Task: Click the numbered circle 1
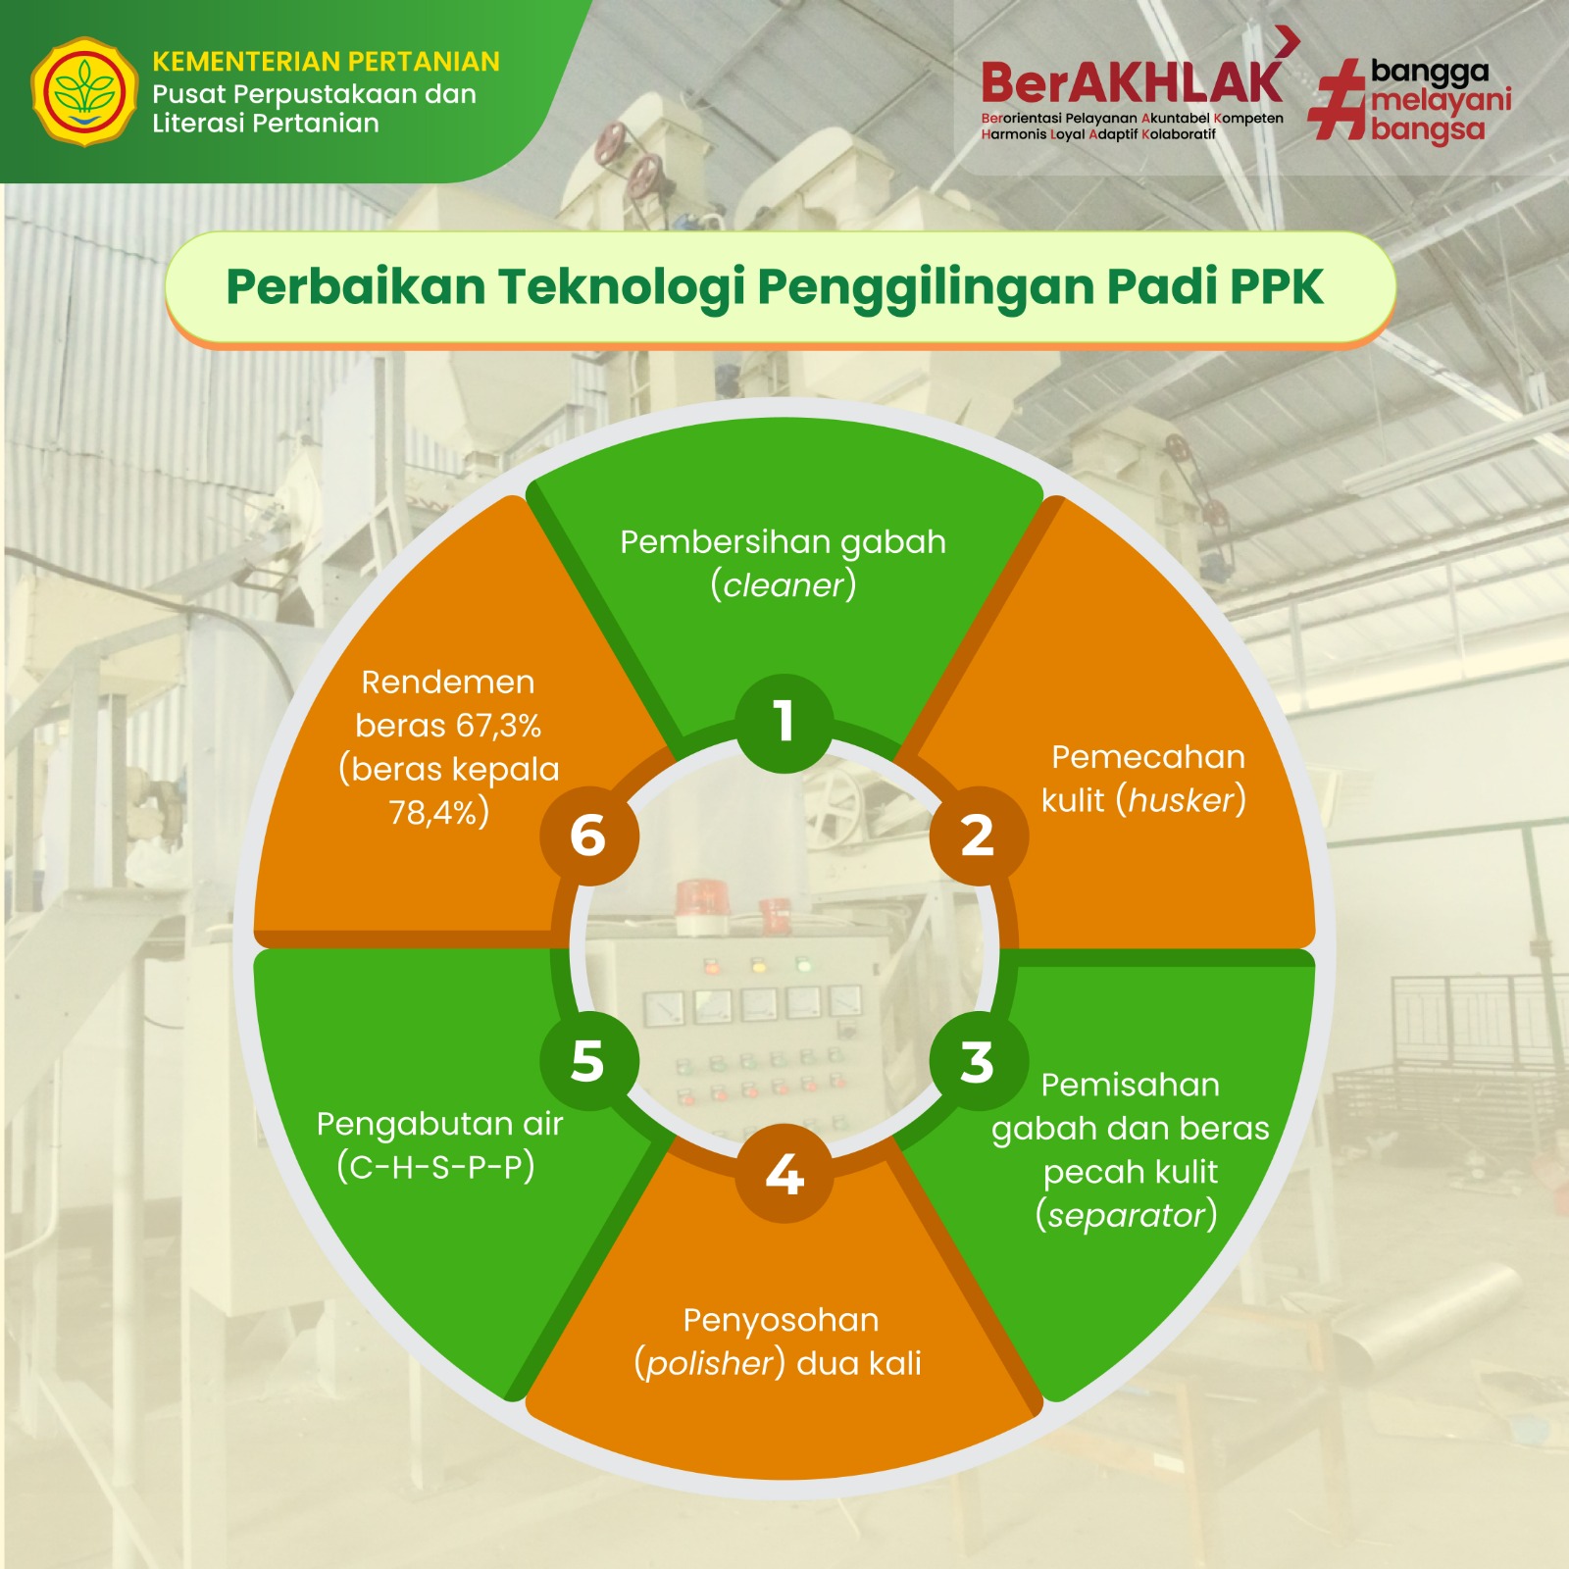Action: point(784,723)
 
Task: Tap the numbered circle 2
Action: point(978,836)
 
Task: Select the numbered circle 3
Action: point(978,1062)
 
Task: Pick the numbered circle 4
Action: point(784,1174)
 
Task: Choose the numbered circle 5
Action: point(588,1061)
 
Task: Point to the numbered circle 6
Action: point(588,836)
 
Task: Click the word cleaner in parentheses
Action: point(784,585)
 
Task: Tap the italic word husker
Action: point(1182,800)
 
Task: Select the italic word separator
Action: point(1127,1216)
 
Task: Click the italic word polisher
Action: point(711,1364)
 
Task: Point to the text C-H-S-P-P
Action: point(435,1167)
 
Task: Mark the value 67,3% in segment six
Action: point(498,726)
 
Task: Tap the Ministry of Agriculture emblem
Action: point(84,91)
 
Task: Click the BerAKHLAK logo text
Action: point(1132,83)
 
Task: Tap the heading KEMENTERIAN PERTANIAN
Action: point(326,62)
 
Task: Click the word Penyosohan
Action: point(781,1321)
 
